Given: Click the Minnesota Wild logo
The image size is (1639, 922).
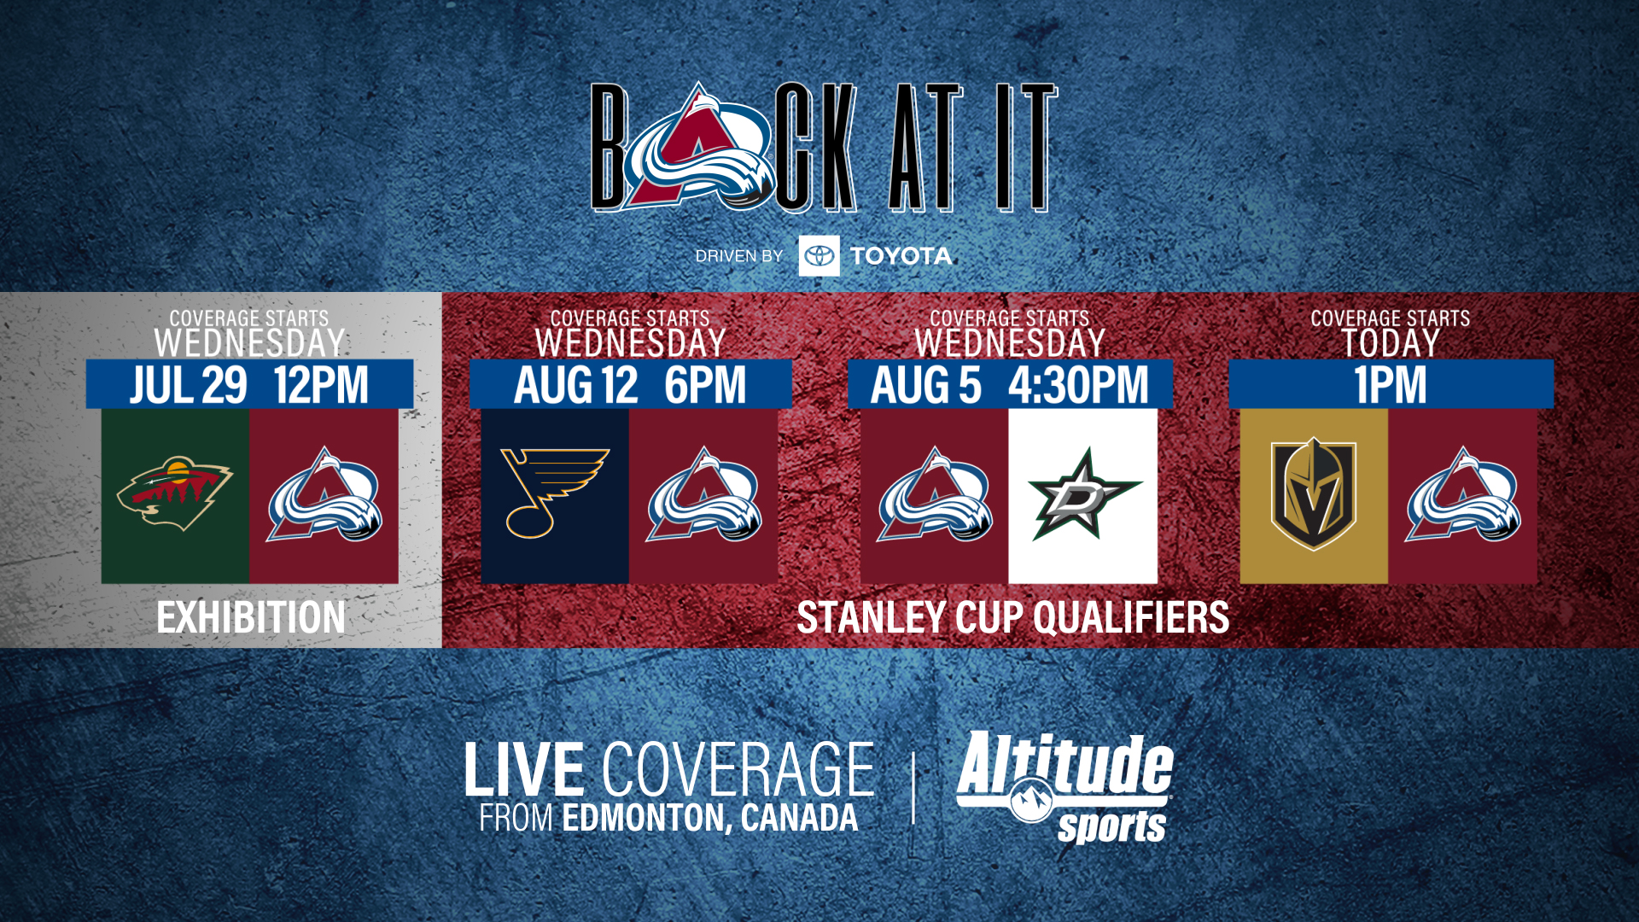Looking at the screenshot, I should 175,494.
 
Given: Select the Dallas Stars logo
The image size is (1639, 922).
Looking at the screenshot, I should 1083,494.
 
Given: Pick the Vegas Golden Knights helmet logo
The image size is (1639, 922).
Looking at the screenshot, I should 1313,494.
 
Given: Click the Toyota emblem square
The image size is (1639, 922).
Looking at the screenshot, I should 819,256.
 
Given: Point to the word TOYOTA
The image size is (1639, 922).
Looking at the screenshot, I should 901,256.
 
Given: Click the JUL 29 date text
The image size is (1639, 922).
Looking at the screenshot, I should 189,385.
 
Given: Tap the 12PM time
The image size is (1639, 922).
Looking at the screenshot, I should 321,385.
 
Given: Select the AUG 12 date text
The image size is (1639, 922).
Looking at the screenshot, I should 575,385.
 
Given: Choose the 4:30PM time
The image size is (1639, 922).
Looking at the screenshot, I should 1078,385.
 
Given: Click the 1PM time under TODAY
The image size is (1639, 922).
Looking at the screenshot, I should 1390,385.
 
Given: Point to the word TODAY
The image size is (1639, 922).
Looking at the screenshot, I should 1390,343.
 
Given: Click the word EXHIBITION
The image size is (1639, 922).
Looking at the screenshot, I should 251,617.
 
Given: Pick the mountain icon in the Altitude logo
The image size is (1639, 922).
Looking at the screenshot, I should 1031,800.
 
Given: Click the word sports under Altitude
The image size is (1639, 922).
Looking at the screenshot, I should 1111,826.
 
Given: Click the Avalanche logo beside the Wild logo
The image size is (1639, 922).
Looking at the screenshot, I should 324,494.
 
